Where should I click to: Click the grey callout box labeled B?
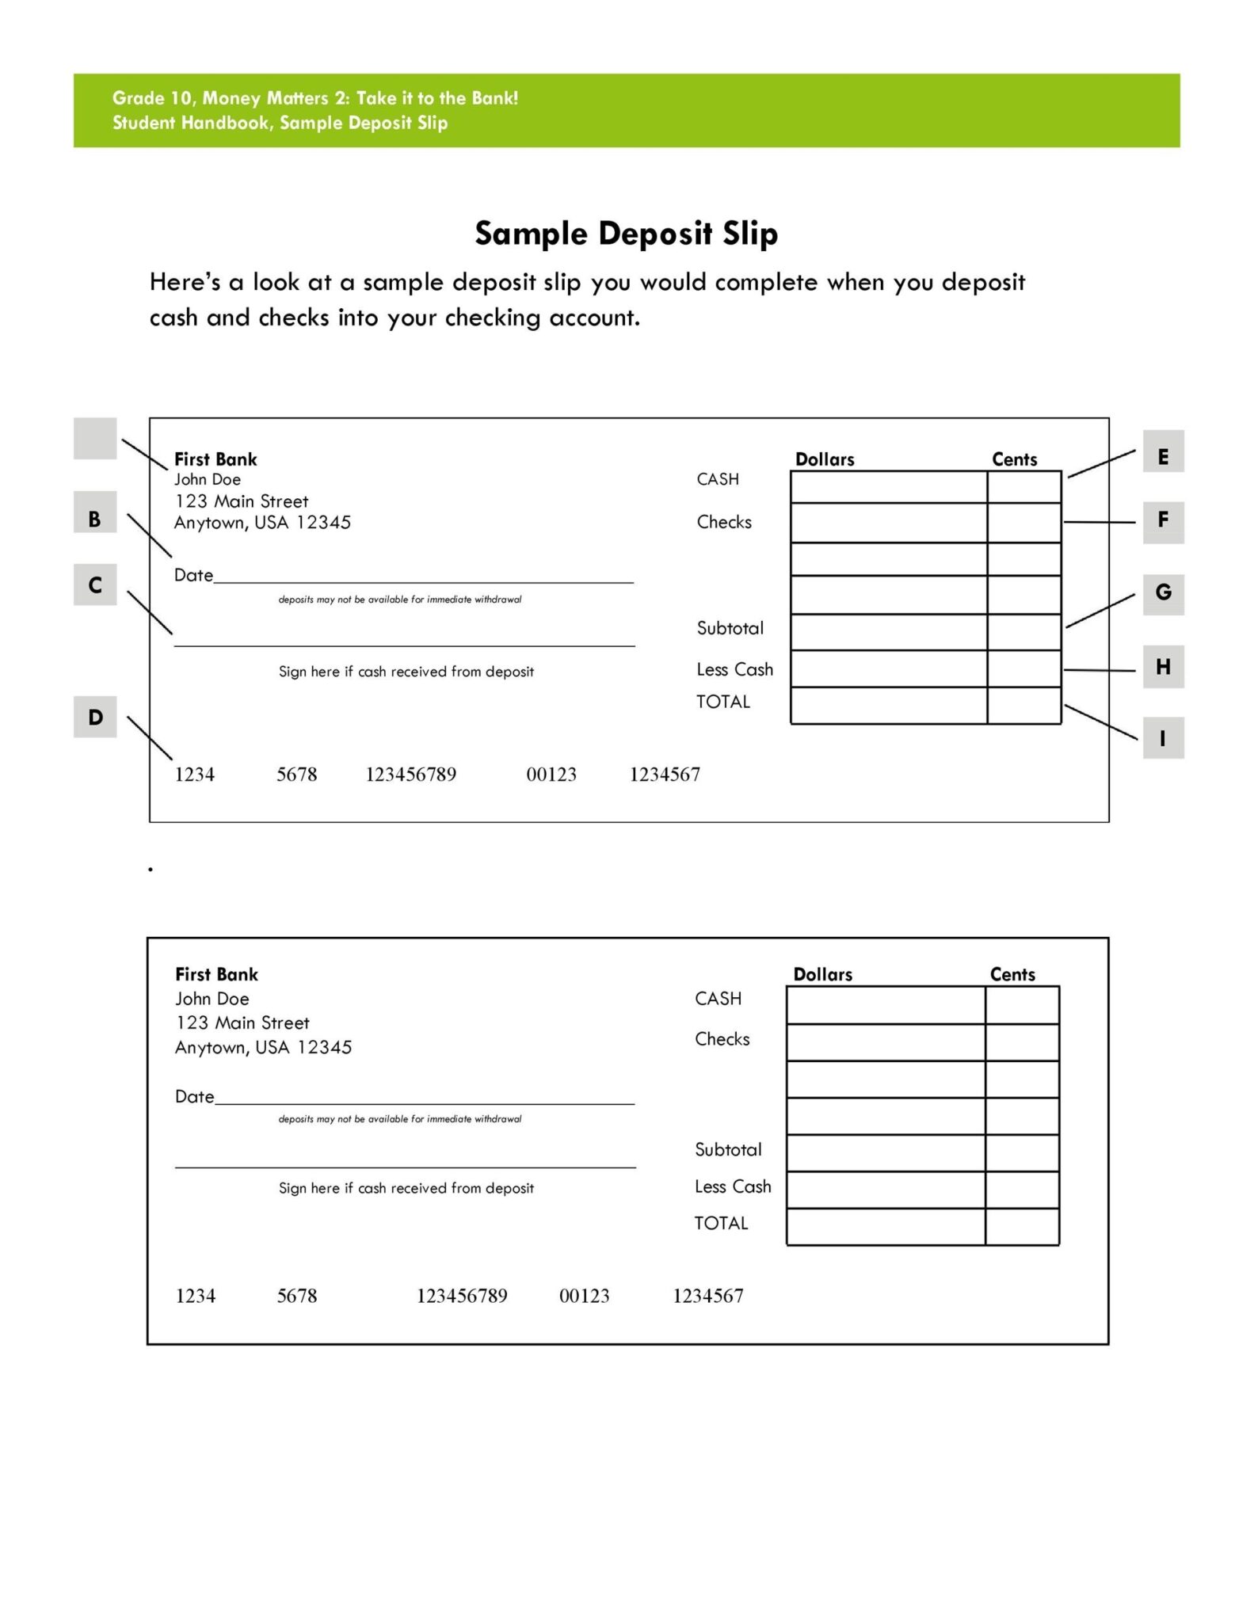point(94,519)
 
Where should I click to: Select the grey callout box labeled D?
point(95,717)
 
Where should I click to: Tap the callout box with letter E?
point(1162,456)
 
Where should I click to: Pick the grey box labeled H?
point(1162,667)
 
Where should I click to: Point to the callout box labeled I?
point(1162,738)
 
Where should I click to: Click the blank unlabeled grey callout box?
point(95,439)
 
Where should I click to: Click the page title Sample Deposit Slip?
point(626,234)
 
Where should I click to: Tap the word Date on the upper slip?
point(193,575)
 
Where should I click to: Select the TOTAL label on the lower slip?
point(721,1223)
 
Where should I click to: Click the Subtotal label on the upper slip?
point(730,628)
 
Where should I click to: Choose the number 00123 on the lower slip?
point(584,1296)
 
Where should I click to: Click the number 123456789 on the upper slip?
point(410,775)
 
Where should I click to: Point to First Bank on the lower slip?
point(216,974)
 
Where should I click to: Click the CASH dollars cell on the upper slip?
point(888,487)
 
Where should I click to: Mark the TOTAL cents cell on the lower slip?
point(1022,1226)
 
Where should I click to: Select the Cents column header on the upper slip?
point(1014,459)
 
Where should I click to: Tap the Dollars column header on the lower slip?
point(822,974)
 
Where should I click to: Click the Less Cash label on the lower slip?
point(732,1186)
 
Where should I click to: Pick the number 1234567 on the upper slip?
point(664,775)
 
